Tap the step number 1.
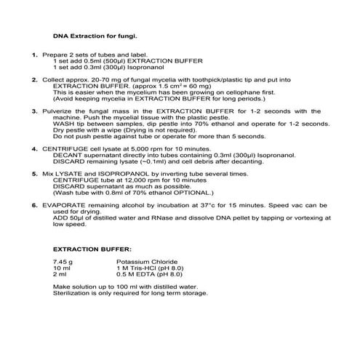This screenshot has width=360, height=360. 34,55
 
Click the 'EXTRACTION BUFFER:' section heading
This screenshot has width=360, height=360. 87,250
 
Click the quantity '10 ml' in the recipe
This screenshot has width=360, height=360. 61,268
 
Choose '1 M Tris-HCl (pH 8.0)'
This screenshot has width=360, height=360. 150,268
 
